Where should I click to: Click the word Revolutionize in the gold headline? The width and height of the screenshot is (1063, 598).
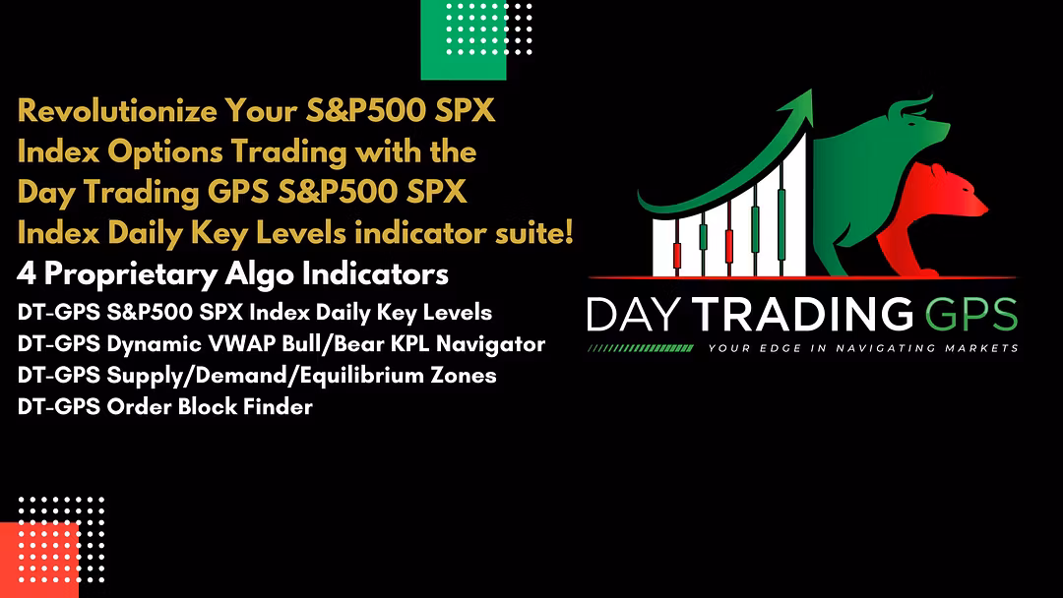click(117, 111)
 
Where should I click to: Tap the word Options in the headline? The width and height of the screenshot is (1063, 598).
click(165, 151)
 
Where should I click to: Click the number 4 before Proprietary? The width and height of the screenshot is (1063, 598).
click(27, 274)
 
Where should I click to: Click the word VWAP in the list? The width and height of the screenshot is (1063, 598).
click(241, 344)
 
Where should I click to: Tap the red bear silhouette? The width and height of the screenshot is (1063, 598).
click(932, 209)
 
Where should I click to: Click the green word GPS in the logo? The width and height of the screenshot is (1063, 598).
click(970, 315)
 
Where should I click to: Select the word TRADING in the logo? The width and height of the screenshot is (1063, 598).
click(803, 315)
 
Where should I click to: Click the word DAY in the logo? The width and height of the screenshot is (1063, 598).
click(634, 315)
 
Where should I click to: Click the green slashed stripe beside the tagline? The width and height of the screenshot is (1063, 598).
click(641, 348)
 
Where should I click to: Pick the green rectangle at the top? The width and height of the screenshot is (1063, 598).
click(464, 40)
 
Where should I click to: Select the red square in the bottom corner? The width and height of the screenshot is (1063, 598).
click(39, 560)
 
